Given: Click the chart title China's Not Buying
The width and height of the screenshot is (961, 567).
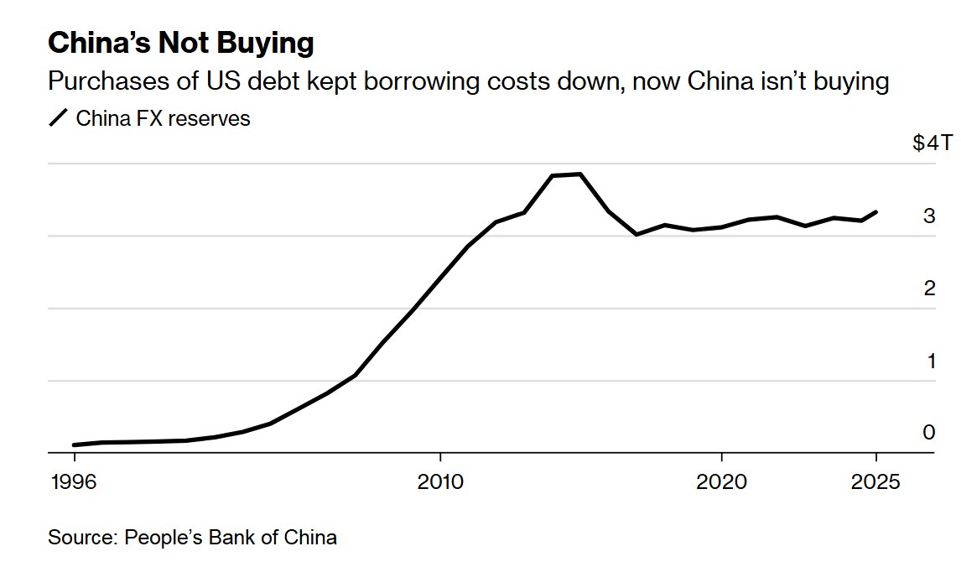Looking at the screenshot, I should pyautogui.click(x=181, y=43).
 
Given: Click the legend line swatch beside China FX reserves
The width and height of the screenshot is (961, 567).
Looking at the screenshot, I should pyautogui.click(x=58, y=118).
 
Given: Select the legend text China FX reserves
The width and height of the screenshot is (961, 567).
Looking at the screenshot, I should pyautogui.click(x=163, y=118).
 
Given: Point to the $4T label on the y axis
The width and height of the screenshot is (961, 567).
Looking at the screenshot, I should pyautogui.click(x=932, y=143).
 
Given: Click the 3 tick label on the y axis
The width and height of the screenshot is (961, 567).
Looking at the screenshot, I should pyautogui.click(x=928, y=216).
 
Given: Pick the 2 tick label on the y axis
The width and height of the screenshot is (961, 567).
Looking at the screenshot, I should pyautogui.click(x=928, y=289).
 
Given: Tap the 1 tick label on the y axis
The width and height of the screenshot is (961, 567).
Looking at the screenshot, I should pyautogui.click(x=929, y=362).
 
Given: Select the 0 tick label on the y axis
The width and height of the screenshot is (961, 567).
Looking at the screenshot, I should pyautogui.click(x=928, y=433).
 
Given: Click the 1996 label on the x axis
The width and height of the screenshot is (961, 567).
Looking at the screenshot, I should pyautogui.click(x=75, y=482).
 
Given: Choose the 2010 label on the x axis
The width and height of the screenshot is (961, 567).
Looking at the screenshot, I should pyautogui.click(x=439, y=482).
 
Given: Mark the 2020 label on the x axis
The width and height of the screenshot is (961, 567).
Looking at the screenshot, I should pyautogui.click(x=721, y=482).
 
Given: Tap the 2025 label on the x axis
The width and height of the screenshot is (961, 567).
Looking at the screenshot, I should pyautogui.click(x=875, y=482).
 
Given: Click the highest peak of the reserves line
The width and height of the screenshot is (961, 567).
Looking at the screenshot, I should pyautogui.click(x=580, y=174).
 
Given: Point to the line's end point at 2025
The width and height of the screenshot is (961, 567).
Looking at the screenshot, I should pyautogui.click(x=876, y=212).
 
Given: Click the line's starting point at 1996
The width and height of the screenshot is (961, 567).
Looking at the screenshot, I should pyautogui.click(x=75, y=445).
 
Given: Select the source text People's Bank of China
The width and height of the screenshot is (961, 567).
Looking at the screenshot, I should pyautogui.click(x=231, y=538).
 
